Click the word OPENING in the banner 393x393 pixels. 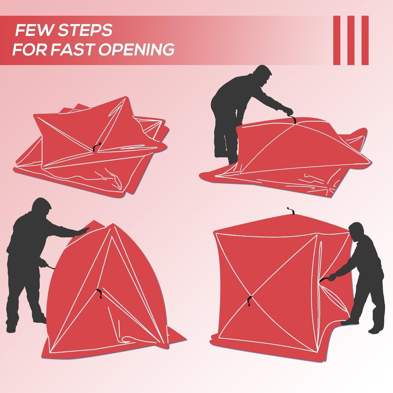137,49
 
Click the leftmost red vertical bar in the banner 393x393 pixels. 337,40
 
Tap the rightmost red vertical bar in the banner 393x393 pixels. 365,40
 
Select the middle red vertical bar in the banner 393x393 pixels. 351,40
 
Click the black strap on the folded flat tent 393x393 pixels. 97,147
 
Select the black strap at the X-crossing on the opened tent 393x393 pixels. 249,301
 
